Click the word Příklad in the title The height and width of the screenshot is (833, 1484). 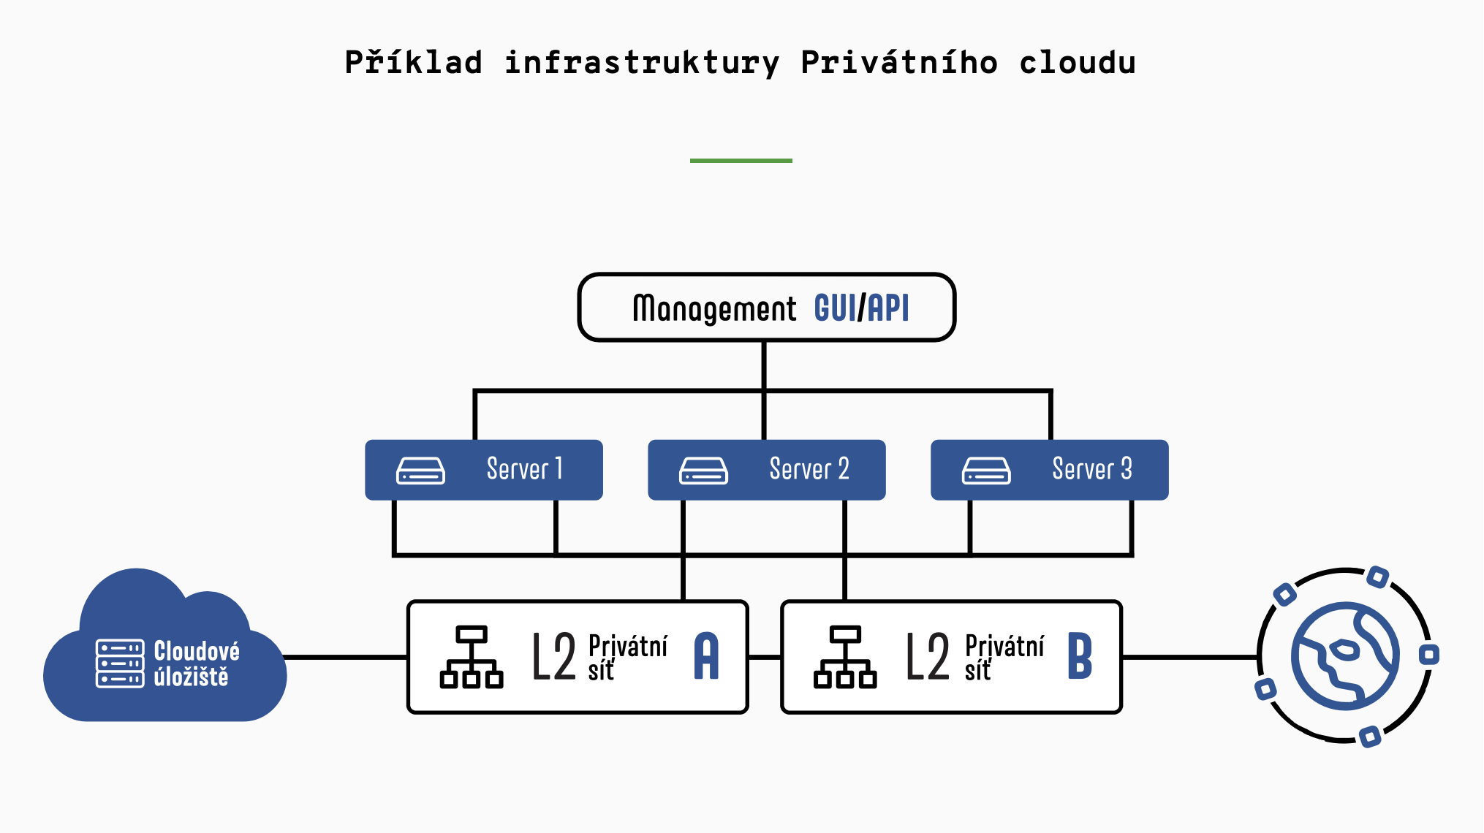414,63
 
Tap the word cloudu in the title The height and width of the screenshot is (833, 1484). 1078,63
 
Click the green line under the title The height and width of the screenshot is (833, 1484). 741,160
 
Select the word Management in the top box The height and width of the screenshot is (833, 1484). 714,308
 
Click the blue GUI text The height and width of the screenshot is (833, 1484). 835,308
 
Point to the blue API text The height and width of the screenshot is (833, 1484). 888,308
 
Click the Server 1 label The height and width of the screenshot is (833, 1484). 525,469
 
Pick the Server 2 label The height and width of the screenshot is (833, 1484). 809,469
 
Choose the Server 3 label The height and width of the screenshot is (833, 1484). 1091,469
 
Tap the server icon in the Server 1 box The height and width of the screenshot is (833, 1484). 420,471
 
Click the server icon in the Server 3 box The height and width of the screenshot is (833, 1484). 986,471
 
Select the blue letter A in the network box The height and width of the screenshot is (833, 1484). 706,656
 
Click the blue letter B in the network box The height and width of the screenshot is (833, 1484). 1080,656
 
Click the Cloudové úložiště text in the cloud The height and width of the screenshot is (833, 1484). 196,663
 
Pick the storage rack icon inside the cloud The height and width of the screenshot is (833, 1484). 120,663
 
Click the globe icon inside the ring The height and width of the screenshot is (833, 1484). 1345,655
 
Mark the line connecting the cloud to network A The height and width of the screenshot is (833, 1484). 345,657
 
